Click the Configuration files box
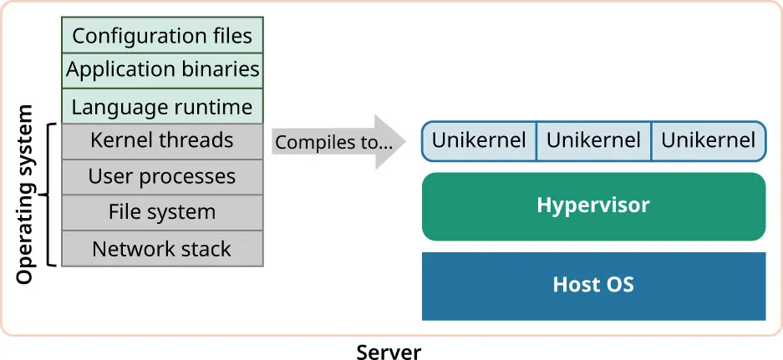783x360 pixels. coord(162,35)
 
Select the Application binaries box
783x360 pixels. coord(162,70)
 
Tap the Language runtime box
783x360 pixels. coord(162,107)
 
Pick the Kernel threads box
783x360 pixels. coord(162,140)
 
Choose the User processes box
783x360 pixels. coord(162,177)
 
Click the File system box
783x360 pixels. coord(162,213)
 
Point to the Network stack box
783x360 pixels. coord(162,249)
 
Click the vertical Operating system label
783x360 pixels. coord(25,195)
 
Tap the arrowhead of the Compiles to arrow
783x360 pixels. coord(389,142)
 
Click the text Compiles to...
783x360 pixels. coord(333,143)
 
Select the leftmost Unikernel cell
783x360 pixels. coord(479,140)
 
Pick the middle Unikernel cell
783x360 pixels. coord(593,140)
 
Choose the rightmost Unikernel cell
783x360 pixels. coord(708,140)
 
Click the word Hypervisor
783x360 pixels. coord(593,205)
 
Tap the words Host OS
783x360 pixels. coord(593,285)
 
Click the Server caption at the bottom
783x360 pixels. coord(389,351)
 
